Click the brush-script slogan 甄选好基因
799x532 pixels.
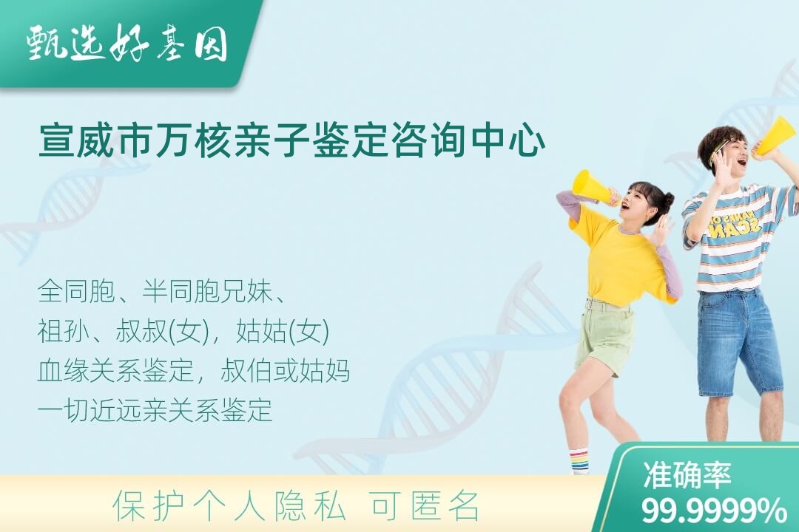click(x=127, y=44)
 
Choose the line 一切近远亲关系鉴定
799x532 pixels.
click(x=155, y=410)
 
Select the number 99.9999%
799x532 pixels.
click(x=714, y=510)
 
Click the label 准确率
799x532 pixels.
click(x=687, y=474)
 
